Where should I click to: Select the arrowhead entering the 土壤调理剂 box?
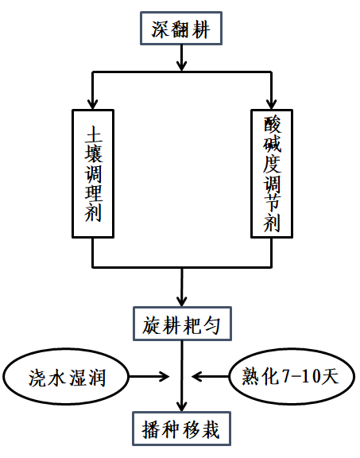[92, 104]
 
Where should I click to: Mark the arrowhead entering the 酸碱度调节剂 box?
[272, 104]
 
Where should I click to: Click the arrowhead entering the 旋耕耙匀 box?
[182, 301]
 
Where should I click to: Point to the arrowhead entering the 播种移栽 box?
[182, 406]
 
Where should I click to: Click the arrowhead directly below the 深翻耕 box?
[182, 66]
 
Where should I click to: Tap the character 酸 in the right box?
[272, 125]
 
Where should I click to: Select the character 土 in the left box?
[94, 135]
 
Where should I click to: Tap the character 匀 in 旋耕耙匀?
[211, 325]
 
